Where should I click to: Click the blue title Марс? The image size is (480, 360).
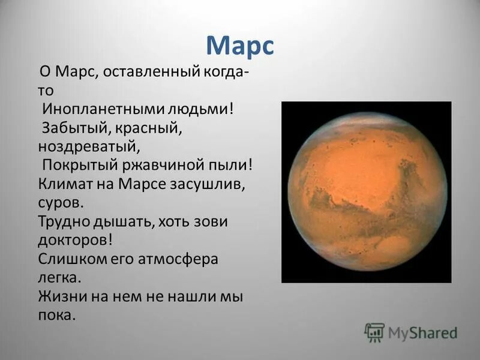[240, 46]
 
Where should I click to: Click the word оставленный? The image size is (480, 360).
[151, 72]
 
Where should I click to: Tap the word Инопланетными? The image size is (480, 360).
[103, 109]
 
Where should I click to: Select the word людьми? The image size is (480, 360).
[198, 109]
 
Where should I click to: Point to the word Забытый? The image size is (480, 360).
[74, 128]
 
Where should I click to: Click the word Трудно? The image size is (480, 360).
[64, 221]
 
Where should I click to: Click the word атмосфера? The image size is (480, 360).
[178, 259]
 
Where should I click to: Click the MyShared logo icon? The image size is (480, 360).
[374, 332]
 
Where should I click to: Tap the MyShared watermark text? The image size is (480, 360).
[423, 333]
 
